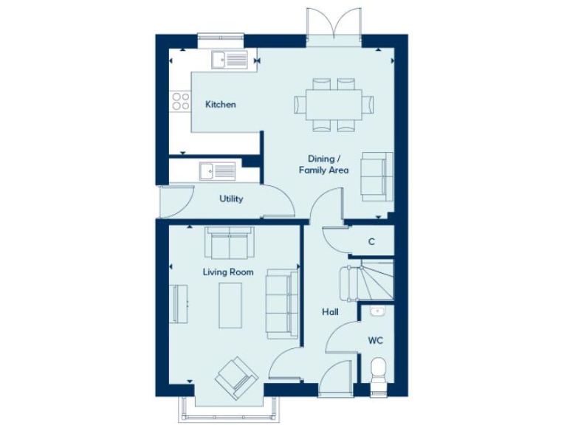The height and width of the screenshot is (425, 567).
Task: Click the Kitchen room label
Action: point(220,105)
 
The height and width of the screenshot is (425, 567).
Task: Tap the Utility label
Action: point(230,198)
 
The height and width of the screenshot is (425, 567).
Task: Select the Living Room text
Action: point(228,272)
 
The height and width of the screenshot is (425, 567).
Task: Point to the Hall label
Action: point(330,312)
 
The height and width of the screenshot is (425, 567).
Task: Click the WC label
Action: point(377,341)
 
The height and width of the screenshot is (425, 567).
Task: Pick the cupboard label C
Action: point(371,241)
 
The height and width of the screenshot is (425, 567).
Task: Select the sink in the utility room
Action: point(216,171)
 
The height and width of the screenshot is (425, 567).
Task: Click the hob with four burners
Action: point(179,100)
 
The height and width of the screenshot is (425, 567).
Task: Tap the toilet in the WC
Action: point(377,370)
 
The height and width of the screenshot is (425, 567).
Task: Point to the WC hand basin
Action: point(377,311)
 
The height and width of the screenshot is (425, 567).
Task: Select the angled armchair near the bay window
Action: point(237,377)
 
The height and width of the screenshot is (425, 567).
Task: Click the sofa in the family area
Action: point(377,176)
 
